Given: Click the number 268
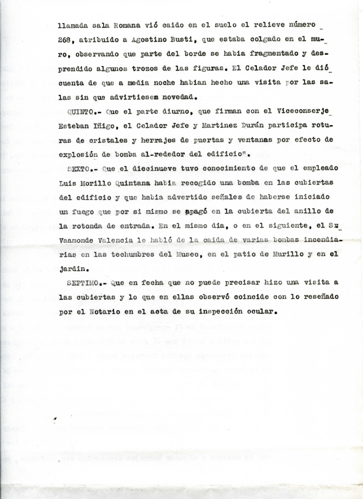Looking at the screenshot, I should pos(64,40).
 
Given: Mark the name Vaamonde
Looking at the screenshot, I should pos(76,240).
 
